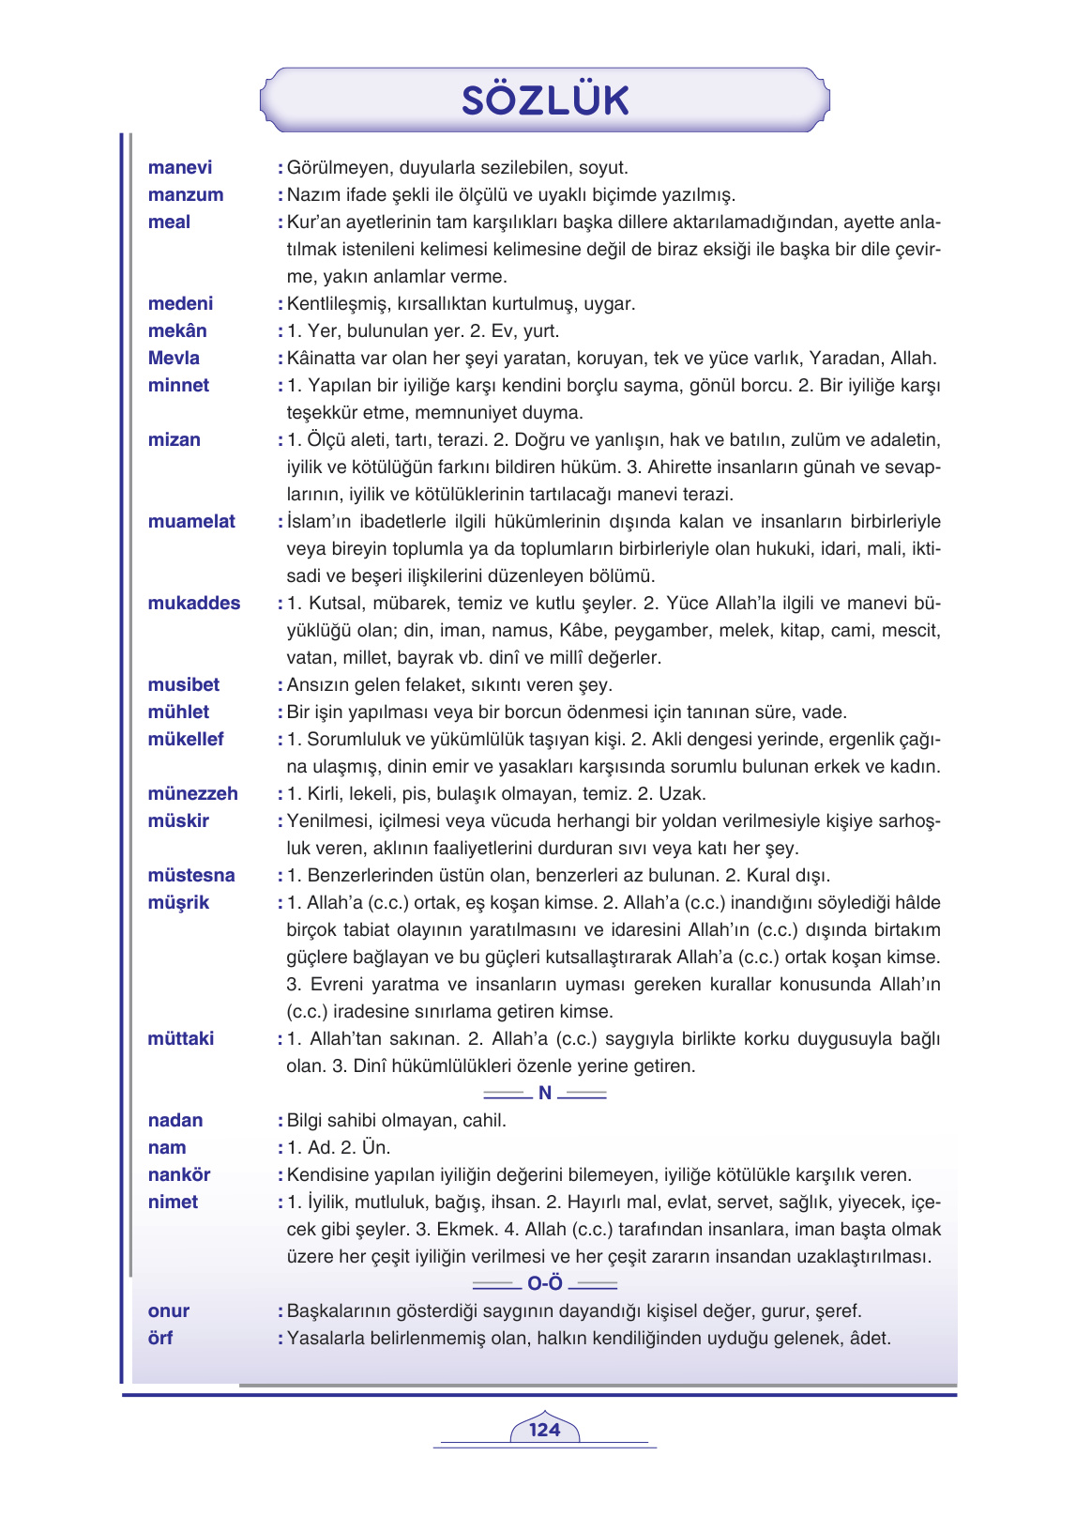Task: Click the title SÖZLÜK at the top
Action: click(545, 100)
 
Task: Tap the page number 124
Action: click(544, 1430)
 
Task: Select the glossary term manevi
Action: click(180, 168)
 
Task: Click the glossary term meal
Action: click(169, 222)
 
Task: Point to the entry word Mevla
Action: click(174, 359)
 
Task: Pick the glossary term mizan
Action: click(174, 440)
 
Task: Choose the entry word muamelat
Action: click(191, 522)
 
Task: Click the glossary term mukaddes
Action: click(193, 604)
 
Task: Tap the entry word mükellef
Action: click(186, 740)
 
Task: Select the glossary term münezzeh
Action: click(192, 794)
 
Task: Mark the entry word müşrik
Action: click(178, 903)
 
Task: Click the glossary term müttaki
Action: click(180, 1039)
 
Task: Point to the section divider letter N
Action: click(545, 1094)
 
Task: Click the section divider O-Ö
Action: click(545, 1284)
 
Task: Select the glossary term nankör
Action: click(179, 1175)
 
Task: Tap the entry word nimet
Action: click(173, 1203)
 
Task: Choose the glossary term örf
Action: click(160, 1339)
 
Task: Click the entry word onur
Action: click(169, 1311)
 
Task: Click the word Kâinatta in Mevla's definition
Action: click(324, 359)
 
